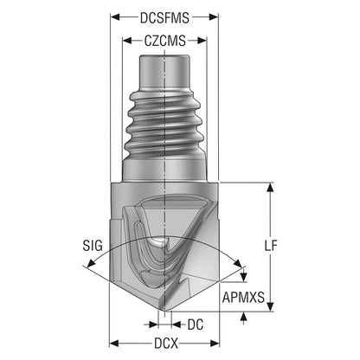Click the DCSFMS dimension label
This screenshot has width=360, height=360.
[164, 18]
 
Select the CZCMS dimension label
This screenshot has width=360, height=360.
[164, 41]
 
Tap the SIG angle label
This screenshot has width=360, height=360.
[93, 246]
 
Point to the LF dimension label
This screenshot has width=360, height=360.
[271, 246]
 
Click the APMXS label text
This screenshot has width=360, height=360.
[243, 297]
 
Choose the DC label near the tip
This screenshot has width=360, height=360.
[196, 325]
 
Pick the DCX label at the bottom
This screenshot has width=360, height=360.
[166, 344]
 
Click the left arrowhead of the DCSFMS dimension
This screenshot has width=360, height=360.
[114, 17]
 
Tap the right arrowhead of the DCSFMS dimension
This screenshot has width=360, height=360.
[214, 17]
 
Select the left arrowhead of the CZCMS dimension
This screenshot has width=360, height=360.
[127, 41]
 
